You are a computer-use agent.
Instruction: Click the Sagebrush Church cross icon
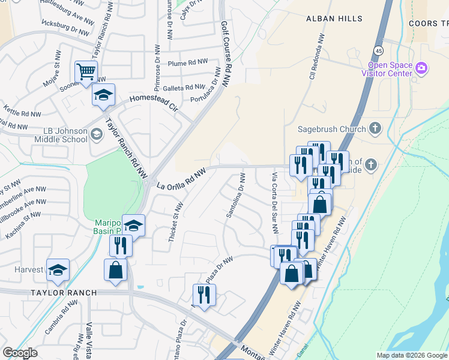pos(375,128)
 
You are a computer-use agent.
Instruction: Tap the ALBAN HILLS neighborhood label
pos(334,19)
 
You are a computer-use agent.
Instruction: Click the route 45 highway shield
pos(379,50)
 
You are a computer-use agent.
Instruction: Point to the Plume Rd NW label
pos(187,64)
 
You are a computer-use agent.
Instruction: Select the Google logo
pos(20,353)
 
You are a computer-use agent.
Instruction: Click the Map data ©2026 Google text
pos(411,355)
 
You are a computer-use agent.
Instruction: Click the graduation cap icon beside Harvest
pos(58,270)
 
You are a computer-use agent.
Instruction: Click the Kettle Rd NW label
pos(23,113)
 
